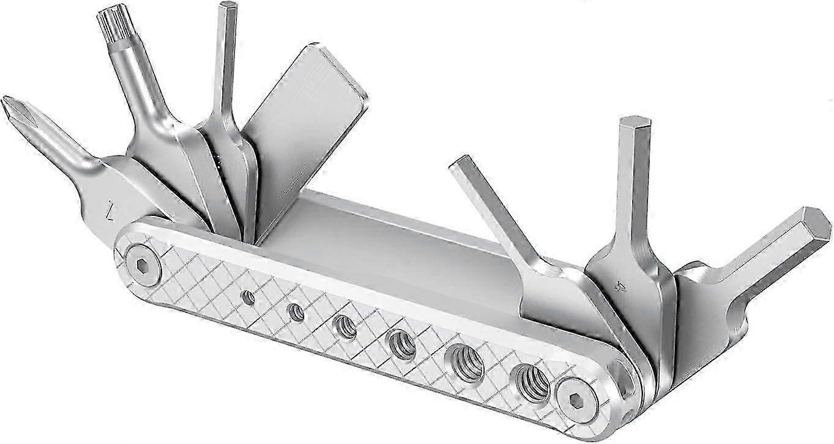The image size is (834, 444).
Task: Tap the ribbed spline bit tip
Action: [111, 21]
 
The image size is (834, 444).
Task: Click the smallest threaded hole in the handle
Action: [248, 298]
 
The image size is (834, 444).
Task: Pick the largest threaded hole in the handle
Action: [531, 383]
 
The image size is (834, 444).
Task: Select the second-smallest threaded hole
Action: [296, 313]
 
